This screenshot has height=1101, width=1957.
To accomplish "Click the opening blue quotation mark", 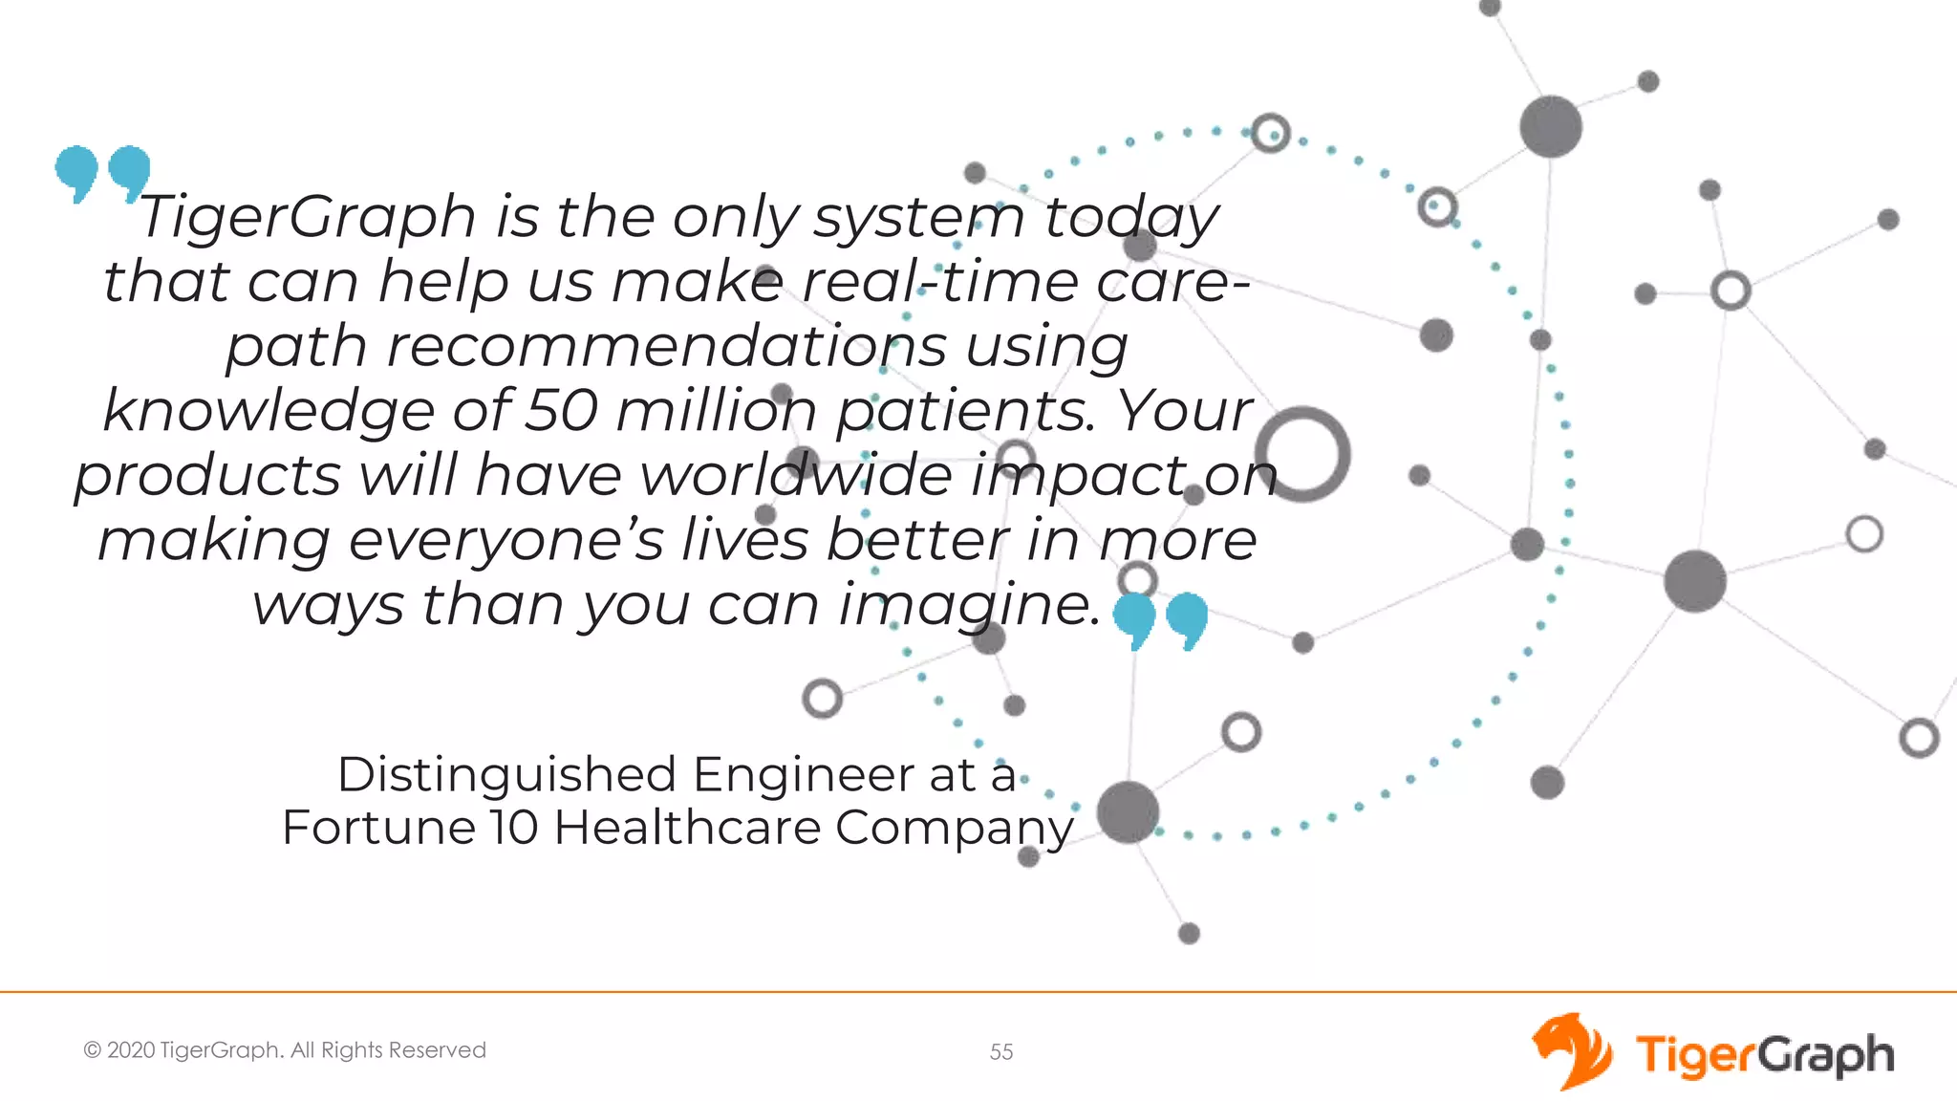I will point(102,173).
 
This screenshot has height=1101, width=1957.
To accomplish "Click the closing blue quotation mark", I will point(1160,620).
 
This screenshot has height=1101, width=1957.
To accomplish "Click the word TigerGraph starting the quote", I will point(308,216).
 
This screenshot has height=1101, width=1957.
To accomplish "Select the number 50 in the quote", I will point(562,410).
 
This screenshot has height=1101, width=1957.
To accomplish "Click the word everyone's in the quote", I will point(505,540).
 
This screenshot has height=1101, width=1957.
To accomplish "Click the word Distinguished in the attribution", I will point(506,774).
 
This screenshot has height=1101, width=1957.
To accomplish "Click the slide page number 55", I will point(1000,1052).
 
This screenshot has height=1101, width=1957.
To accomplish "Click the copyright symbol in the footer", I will point(93,1050).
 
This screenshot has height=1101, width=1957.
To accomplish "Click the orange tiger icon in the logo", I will point(1570,1051).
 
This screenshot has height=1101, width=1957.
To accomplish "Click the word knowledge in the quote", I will point(269,410).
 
